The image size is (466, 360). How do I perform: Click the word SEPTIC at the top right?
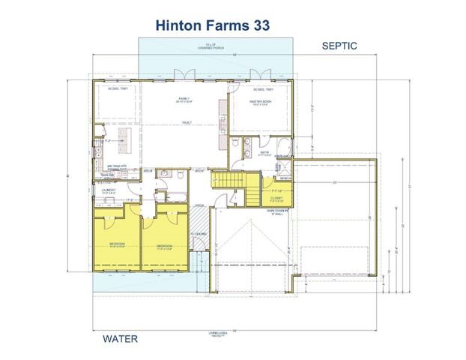tap(339, 46)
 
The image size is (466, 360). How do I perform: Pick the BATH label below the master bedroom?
tap(264, 152)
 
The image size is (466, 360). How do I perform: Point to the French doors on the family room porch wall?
tap(179, 75)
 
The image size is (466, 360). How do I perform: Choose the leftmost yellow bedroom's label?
tap(117, 244)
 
